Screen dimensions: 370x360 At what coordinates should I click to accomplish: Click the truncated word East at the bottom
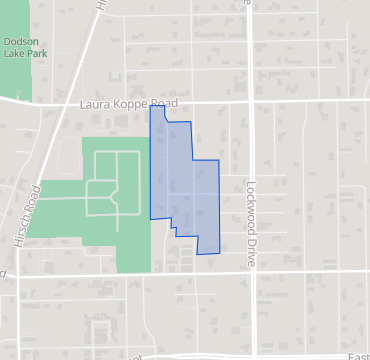[358, 355]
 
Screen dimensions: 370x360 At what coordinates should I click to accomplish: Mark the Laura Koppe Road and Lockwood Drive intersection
[250, 103]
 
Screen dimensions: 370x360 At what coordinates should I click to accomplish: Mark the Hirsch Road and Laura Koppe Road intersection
[52, 103]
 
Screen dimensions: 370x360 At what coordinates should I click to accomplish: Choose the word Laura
[92, 103]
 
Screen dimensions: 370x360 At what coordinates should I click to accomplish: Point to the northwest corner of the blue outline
[150, 105]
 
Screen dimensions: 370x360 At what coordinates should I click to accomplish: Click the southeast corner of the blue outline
[219, 253]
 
